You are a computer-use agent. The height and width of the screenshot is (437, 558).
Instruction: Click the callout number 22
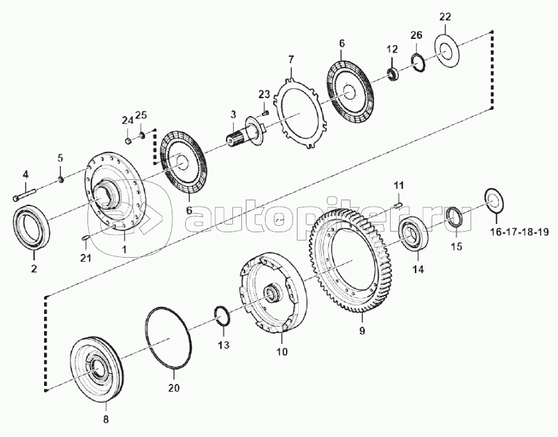coord(445,17)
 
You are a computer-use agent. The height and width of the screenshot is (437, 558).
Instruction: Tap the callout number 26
coord(416,35)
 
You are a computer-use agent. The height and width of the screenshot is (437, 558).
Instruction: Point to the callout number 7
coord(290,59)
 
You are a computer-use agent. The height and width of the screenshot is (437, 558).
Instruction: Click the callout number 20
coord(174,387)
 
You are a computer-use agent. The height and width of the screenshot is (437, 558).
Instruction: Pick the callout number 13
coord(224,344)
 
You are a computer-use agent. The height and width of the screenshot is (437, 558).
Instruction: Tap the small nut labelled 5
coord(61,179)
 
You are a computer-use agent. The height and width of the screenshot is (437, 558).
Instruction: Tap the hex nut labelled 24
coord(129,141)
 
